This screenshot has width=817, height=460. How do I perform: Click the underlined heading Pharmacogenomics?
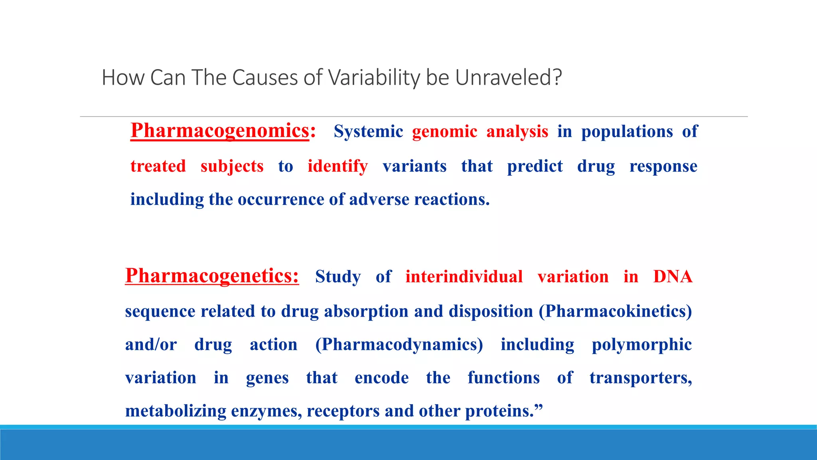[x=220, y=131]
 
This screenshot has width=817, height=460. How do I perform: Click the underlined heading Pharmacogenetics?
[x=211, y=276]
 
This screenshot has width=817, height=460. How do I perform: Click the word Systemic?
[x=368, y=131]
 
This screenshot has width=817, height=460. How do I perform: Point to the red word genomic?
[x=444, y=131]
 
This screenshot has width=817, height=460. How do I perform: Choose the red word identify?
[x=337, y=166]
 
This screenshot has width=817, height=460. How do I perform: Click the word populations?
[x=627, y=131]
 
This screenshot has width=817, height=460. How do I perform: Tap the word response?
[x=663, y=166]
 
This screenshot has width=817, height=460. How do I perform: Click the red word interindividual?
[x=464, y=277]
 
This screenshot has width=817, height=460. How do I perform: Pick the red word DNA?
[x=673, y=277]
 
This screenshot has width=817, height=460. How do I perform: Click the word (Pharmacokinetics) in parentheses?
[x=615, y=311]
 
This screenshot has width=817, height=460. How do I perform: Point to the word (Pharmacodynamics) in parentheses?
[x=399, y=344]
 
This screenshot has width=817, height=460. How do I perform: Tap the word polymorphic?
[x=641, y=344]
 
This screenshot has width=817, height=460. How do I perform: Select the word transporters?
[x=640, y=378]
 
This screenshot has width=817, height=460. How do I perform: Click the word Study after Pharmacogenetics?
[x=338, y=277]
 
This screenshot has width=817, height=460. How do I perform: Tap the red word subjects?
[x=232, y=166]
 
